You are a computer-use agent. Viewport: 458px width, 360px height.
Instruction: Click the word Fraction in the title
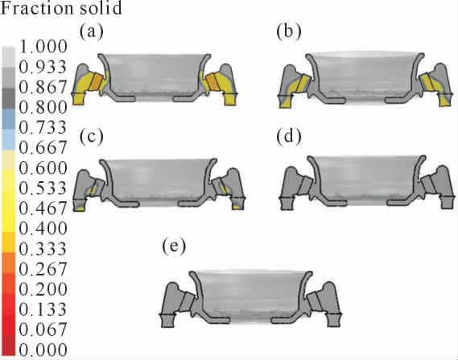(35, 7)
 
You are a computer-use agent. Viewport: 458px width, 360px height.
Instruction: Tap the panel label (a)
(92, 31)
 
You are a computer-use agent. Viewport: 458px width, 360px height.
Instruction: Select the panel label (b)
(289, 31)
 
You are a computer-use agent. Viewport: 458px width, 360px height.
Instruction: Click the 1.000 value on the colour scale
(43, 47)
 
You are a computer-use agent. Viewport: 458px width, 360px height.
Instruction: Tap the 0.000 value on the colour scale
(43, 350)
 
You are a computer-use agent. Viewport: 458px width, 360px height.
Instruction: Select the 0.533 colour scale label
(43, 188)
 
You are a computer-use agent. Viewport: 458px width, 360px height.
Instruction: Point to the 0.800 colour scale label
(43, 107)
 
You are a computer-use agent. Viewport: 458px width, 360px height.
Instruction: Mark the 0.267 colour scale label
(43, 268)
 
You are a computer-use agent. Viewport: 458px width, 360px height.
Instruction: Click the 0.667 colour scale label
(43, 147)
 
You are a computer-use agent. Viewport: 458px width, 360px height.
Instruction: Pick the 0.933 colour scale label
(43, 67)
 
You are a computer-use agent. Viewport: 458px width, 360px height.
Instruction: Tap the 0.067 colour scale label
(43, 329)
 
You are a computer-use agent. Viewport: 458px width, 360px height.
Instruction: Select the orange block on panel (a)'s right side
(212, 82)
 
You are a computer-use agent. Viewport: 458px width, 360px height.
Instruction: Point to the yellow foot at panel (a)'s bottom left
(78, 99)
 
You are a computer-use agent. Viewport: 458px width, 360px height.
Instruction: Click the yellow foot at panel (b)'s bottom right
(445, 101)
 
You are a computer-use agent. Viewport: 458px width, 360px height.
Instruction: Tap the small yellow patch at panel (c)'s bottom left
(80, 209)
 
